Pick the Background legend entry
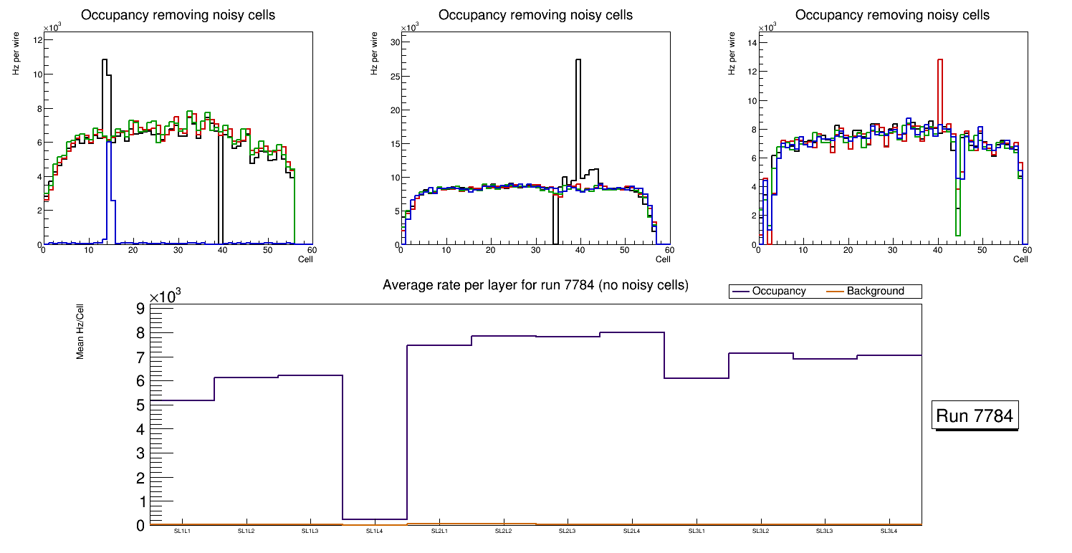click(x=875, y=292)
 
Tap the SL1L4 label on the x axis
click(x=375, y=531)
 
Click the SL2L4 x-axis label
click(x=631, y=531)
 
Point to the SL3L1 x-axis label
click(x=697, y=531)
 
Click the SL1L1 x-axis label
click(x=182, y=531)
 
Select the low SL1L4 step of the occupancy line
click(x=375, y=519)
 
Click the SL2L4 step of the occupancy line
click(x=632, y=332)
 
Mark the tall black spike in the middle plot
click(x=578, y=60)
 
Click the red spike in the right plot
click(x=939, y=60)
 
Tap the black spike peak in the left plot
click(x=105, y=60)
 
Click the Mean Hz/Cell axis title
click(x=81, y=331)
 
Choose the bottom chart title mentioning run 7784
click(x=535, y=285)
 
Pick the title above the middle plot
click(x=535, y=15)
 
